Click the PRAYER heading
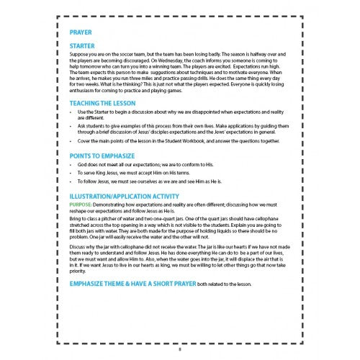(81, 33)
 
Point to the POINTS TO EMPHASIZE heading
(105, 155)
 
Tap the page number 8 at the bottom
(180, 351)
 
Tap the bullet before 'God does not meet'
(71, 166)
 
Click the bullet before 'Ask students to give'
(71, 125)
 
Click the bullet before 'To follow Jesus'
(71, 182)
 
